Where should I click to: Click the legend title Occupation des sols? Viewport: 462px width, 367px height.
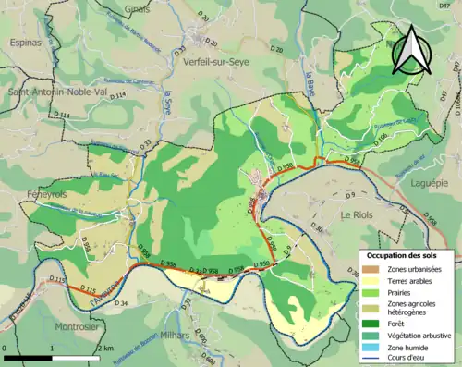[x=408, y=255]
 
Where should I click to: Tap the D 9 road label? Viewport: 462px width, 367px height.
[x=350, y=196]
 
